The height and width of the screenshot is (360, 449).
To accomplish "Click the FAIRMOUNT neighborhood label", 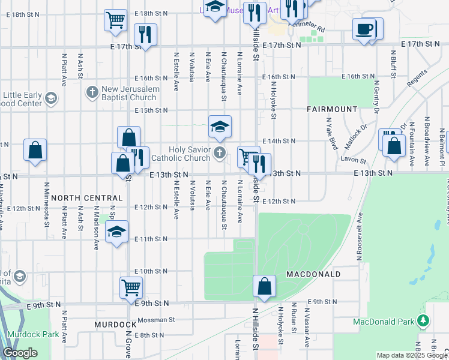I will tap(332, 110).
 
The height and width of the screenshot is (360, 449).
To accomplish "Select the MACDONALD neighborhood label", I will tap(313, 274).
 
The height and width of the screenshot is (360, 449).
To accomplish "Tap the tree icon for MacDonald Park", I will tap(424, 322).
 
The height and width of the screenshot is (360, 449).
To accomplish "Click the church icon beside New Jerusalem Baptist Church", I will tap(92, 92).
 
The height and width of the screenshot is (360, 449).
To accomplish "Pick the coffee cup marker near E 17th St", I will tap(364, 29).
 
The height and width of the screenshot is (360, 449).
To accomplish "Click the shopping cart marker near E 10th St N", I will tap(131, 286).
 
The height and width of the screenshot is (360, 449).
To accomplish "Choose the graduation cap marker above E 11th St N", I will tap(116, 232).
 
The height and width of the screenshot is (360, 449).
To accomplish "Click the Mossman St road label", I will tap(155, 320).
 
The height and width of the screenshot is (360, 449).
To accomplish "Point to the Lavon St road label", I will tap(355, 160).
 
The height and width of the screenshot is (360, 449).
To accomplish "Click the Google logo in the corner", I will tap(20, 353).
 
